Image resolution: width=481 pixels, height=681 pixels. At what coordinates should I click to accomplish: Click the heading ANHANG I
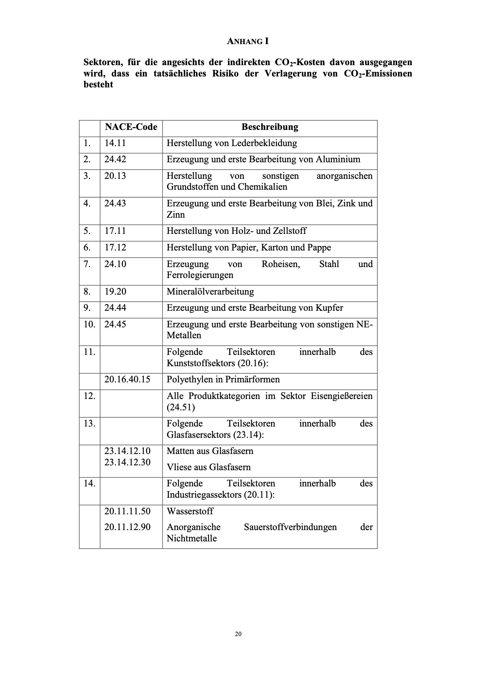coord(248,41)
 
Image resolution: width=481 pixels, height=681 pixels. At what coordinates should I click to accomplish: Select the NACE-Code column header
coord(131,127)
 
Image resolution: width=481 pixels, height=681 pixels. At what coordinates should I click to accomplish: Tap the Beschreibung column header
coord(270,127)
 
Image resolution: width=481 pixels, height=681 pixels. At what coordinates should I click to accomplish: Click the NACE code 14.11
coord(115,143)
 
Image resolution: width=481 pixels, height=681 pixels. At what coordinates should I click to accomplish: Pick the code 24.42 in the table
coord(115,159)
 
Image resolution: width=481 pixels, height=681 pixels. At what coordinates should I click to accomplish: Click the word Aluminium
coord(338,159)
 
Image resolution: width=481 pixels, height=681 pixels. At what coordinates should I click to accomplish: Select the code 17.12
coord(115,248)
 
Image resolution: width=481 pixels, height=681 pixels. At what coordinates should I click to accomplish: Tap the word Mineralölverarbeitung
coord(210,292)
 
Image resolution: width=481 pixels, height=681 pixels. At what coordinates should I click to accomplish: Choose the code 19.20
coord(115,292)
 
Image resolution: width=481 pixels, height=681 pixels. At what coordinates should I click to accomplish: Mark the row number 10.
coord(89,325)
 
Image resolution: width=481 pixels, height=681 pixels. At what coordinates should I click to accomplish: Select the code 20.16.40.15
coord(127,380)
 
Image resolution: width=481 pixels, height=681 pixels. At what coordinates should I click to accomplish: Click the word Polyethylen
coord(188,380)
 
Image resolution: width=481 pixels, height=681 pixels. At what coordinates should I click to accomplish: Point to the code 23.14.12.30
coord(127,462)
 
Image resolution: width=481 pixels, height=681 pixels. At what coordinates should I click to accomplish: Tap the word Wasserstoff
coord(190,511)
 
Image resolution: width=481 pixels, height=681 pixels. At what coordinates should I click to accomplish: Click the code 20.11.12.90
coord(127,527)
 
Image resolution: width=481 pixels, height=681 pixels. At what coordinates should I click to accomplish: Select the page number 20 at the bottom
coord(238,634)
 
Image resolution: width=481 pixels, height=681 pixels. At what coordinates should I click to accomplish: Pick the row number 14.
coord(89,484)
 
